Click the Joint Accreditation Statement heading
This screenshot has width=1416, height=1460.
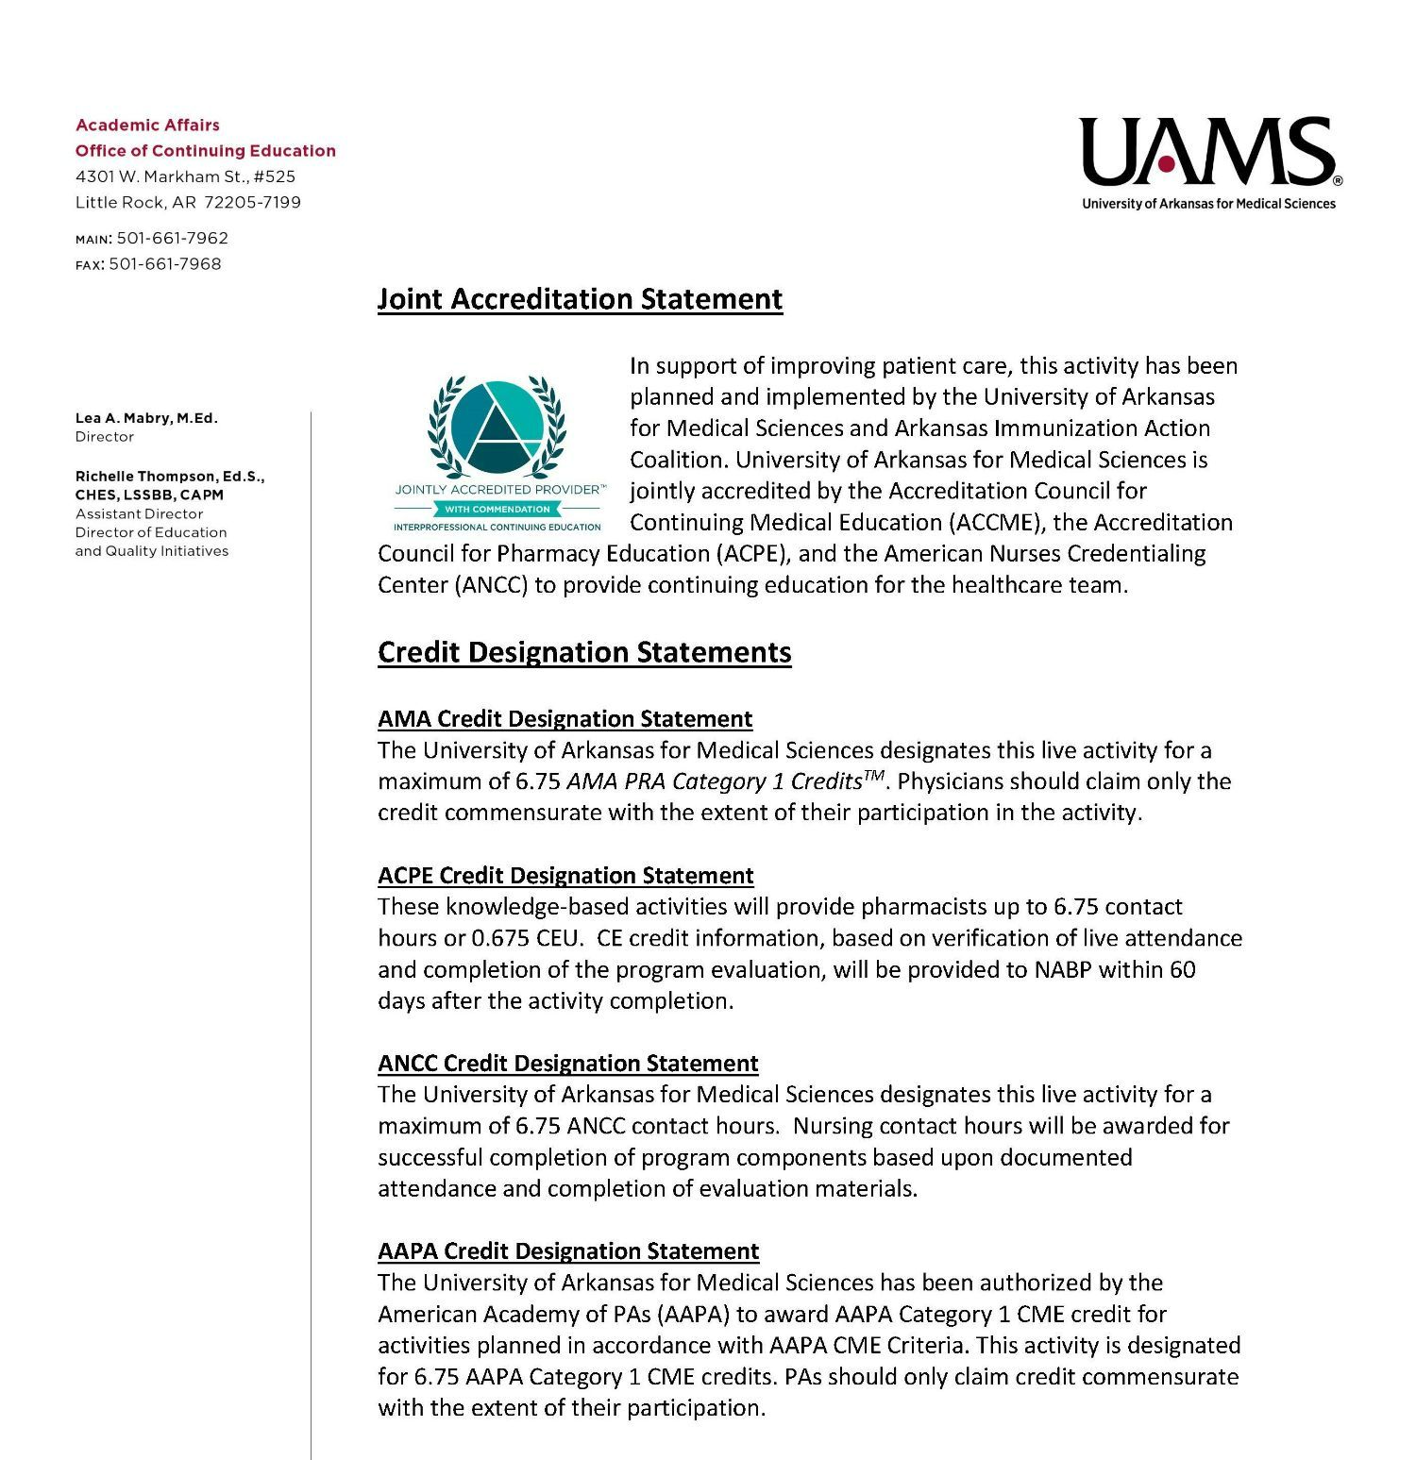[x=580, y=299]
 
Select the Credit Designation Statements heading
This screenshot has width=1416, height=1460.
[x=584, y=652]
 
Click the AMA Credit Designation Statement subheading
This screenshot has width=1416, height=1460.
[x=565, y=719]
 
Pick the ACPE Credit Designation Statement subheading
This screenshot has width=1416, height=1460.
[x=565, y=876]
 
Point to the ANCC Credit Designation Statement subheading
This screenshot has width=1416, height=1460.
[x=567, y=1064]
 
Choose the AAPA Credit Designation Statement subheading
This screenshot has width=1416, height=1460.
[x=568, y=1251]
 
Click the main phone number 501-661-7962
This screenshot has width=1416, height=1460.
[x=172, y=239]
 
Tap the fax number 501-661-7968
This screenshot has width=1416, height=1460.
[x=164, y=264]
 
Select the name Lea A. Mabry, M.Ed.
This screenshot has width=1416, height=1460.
[x=146, y=418]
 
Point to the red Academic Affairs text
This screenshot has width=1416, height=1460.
[x=147, y=126]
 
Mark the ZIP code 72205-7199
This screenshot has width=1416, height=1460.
[x=252, y=202]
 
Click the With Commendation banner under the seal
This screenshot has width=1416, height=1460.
[x=497, y=510]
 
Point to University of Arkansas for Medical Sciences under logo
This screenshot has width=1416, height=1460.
[x=1208, y=204]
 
